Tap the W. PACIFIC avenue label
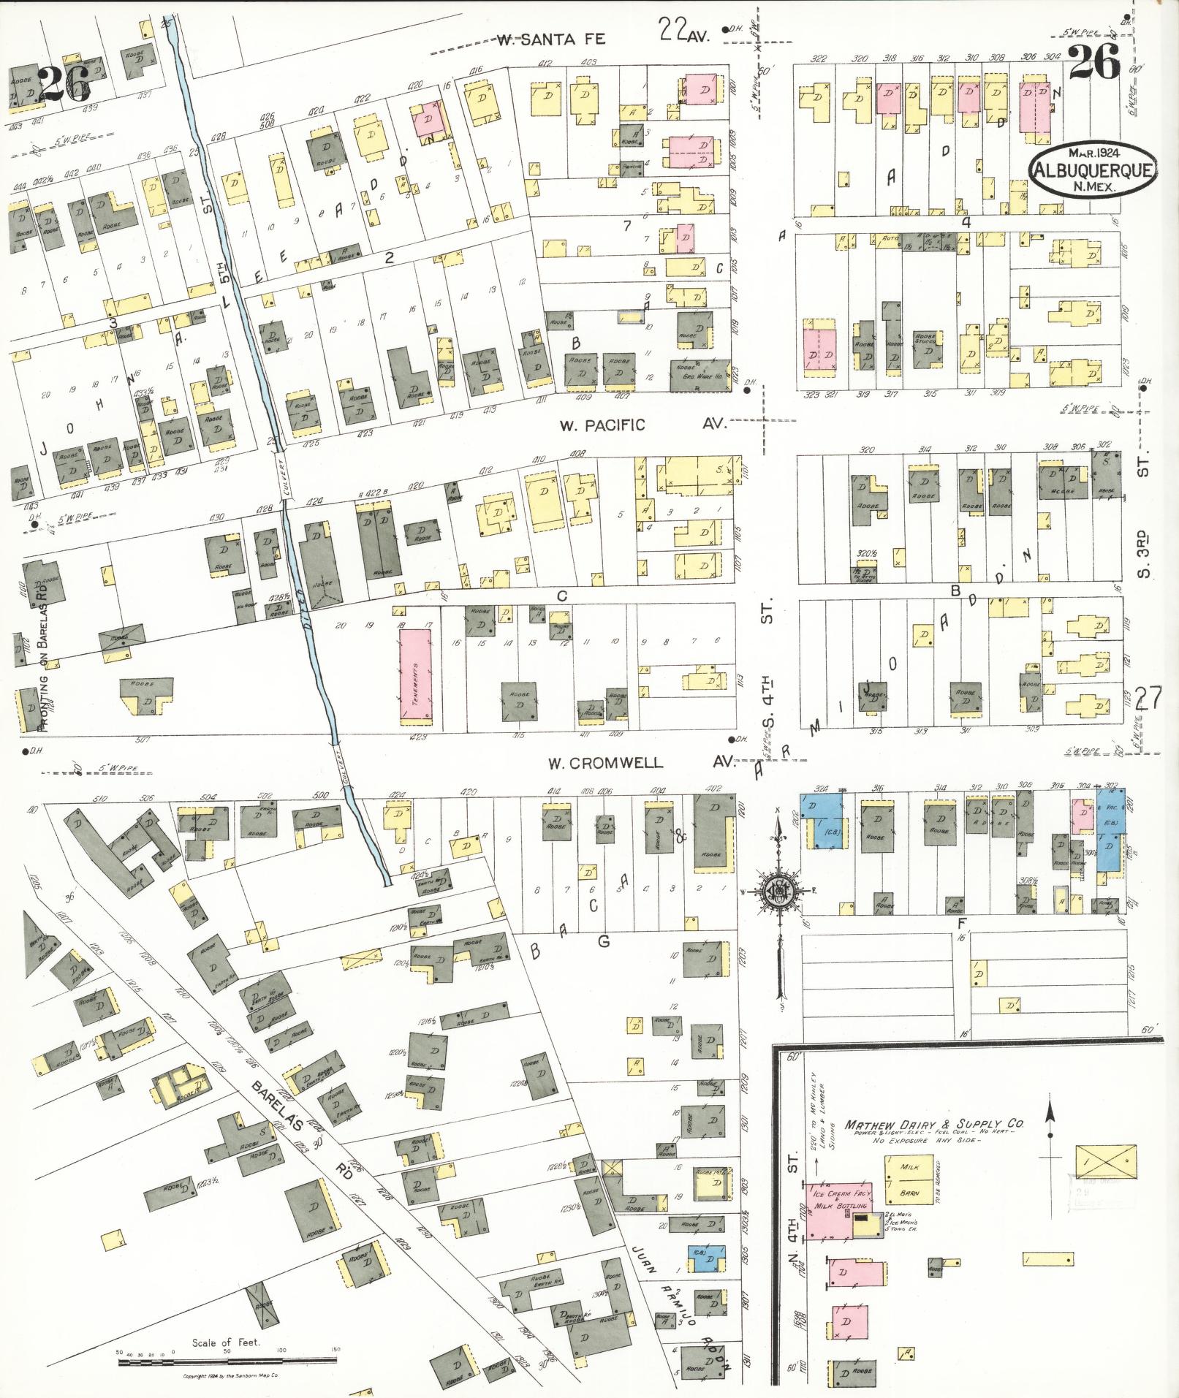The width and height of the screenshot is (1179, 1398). click(602, 425)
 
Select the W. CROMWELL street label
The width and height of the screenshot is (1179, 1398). click(606, 763)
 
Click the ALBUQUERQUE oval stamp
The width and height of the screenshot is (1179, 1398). click(1093, 170)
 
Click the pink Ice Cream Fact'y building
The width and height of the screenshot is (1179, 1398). click(833, 1211)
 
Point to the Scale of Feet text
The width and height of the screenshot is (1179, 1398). click(221, 1342)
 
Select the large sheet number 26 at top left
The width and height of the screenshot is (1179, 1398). click(64, 85)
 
